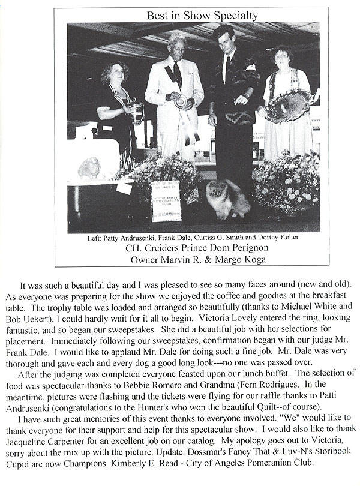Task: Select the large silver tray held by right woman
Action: coord(290,106)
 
